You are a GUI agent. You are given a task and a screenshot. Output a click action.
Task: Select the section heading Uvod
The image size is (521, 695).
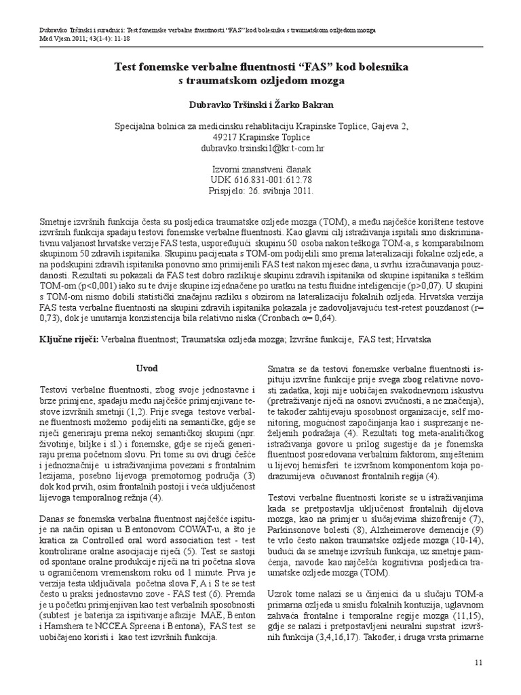pos(147,369)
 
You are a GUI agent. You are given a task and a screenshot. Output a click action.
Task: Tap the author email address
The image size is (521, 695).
pos(260,147)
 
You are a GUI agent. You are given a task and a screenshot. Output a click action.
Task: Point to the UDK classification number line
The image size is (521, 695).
pos(260,181)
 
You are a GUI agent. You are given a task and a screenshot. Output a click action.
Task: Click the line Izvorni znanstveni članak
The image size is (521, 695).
pos(260,170)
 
